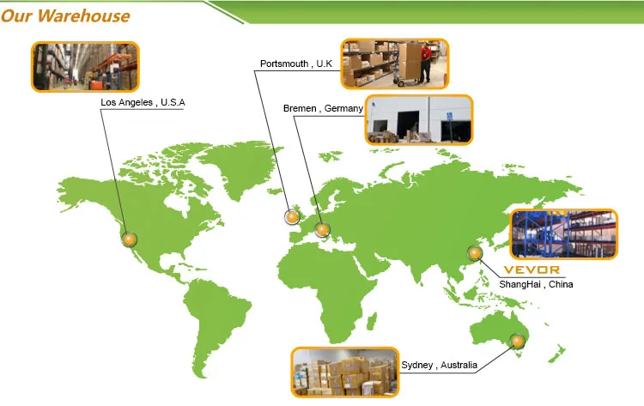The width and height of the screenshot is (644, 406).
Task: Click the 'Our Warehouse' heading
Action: pos(66,15)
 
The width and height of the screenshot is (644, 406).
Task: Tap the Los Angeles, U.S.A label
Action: pos(143,104)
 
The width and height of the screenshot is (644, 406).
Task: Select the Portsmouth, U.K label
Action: pos(295,64)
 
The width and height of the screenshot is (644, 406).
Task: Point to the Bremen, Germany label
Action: pos(323,109)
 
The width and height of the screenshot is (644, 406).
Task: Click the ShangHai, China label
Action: pos(536,284)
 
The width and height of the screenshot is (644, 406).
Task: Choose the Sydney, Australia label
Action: pos(439,366)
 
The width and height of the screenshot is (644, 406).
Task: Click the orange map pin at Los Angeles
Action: pos(130,239)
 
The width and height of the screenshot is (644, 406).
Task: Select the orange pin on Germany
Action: pos(322,229)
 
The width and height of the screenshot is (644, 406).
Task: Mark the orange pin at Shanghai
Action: pos(473,252)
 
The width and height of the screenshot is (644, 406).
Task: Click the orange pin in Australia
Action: pos(517,342)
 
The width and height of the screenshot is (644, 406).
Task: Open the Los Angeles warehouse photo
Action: pos(85,66)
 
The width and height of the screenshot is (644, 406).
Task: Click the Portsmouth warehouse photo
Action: pos(394,63)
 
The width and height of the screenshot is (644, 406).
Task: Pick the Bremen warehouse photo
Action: pos(418,119)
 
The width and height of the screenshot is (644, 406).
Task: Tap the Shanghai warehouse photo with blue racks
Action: pos(563,234)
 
